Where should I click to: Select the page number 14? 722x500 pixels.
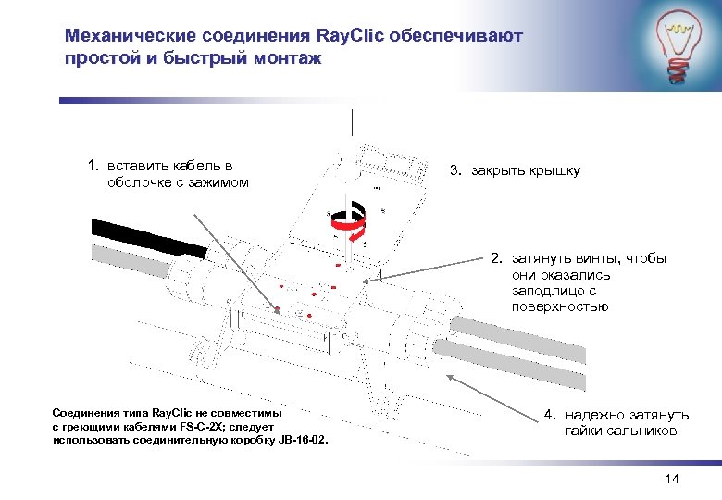(x=672, y=479)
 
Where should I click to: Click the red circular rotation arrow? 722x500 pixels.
(x=348, y=222)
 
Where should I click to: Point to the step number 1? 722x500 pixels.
(x=92, y=165)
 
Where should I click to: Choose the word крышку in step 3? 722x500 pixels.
(x=553, y=170)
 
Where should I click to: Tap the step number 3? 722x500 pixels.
(x=454, y=170)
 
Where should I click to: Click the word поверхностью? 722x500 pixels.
(x=559, y=306)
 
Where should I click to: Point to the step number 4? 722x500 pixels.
(x=548, y=415)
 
